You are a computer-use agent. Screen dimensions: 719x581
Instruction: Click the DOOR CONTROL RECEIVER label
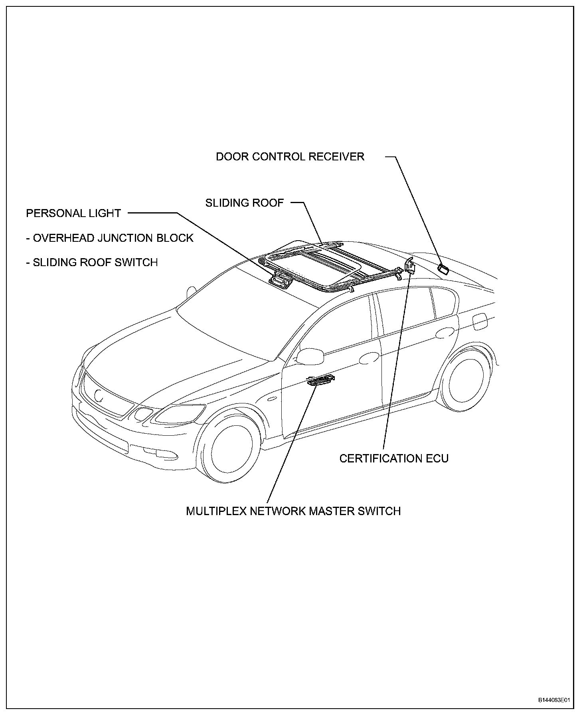pyautogui.click(x=290, y=156)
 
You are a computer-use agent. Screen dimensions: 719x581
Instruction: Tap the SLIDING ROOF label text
pyautogui.click(x=244, y=203)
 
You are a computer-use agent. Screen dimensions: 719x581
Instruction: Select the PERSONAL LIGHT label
pyautogui.click(x=73, y=213)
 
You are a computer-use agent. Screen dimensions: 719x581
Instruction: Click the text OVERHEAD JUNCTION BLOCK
pyautogui.click(x=113, y=238)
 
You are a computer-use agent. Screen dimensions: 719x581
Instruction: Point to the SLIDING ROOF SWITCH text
pyautogui.click(x=95, y=263)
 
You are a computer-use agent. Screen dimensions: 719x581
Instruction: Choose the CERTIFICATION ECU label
pyautogui.click(x=394, y=458)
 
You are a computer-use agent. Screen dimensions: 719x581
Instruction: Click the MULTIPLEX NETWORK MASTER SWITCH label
pyautogui.click(x=293, y=511)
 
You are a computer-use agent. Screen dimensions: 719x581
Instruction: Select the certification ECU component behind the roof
pyautogui.click(x=409, y=266)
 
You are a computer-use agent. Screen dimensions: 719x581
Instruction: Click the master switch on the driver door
pyautogui.click(x=320, y=380)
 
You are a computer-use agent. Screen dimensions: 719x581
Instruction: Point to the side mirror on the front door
pyautogui.click(x=312, y=356)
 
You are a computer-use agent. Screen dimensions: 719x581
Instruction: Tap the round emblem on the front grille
pyautogui.click(x=99, y=395)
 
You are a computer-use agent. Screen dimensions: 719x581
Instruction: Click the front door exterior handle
pyautogui.click(x=369, y=358)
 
